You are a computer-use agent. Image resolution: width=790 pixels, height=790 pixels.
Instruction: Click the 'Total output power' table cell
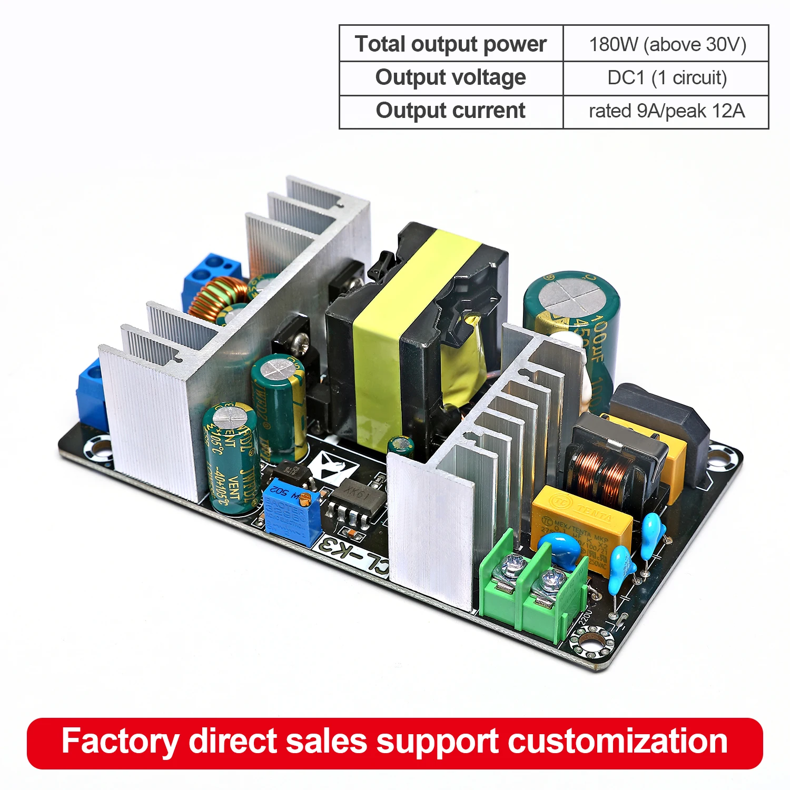coord(451,44)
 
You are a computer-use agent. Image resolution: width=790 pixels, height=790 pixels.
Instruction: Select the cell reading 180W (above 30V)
coord(667,44)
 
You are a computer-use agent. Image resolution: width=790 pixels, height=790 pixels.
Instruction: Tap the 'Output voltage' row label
coord(451,77)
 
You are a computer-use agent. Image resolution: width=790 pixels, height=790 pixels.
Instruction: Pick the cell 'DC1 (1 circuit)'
coord(667,78)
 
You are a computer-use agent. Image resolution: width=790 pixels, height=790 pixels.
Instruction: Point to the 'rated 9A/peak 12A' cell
coord(667,111)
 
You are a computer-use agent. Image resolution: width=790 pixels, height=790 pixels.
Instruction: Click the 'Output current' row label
coord(451,111)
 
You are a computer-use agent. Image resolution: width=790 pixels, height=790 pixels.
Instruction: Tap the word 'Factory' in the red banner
coord(120,742)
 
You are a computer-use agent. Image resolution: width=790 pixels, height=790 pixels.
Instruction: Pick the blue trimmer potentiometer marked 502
coord(291,508)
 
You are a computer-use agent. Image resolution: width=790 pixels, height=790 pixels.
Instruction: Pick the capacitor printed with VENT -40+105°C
coord(229,458)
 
